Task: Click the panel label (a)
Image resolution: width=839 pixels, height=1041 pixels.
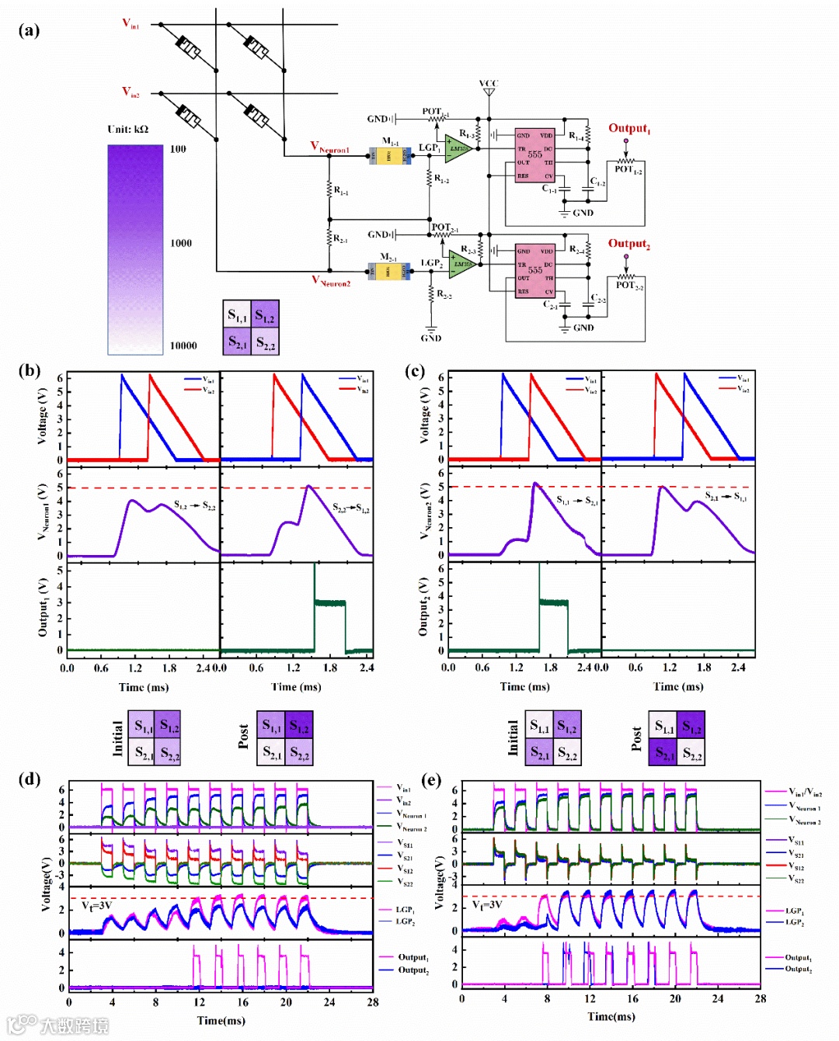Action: click(29, 30)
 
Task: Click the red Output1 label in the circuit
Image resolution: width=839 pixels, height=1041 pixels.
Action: click(628, 129)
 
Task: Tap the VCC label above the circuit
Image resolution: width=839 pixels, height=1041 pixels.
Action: click(489, 83)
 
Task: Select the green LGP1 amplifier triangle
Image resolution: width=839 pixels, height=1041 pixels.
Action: click(458, 149)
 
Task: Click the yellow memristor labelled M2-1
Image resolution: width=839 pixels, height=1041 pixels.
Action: click(389, 271)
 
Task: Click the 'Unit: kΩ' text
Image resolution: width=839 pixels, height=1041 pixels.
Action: click(127, 129)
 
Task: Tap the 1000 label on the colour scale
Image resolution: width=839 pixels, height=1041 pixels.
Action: click(181, 243)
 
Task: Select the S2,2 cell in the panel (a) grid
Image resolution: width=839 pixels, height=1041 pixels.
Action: click(265, 342)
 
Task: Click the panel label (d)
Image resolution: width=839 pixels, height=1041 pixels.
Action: click(29, 779)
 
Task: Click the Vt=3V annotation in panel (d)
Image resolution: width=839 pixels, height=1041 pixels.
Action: click(97, 905)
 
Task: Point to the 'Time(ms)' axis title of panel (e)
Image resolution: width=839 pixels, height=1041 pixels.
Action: click(611, 1016)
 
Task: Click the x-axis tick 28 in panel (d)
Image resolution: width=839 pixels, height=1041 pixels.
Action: click(373, 1002)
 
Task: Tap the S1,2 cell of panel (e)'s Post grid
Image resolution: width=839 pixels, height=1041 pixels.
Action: click(691, 727)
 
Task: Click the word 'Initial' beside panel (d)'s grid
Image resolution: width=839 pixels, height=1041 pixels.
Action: click(117, 738)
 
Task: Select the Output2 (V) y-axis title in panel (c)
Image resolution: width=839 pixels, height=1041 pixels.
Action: click(423, 607)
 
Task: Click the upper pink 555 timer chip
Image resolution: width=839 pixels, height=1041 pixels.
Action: click(535, 154)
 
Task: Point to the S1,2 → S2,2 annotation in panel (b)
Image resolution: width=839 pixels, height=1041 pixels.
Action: click(194, 506)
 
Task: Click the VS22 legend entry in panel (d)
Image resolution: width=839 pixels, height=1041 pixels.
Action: click(405, 883)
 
